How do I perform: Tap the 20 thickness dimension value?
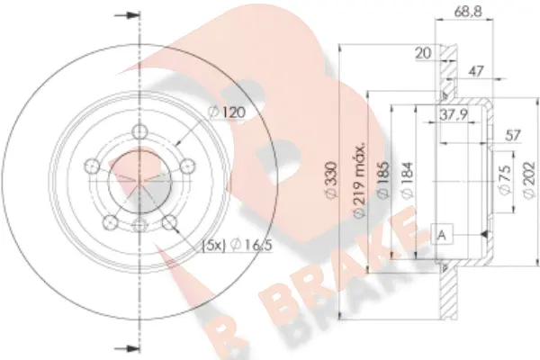point(421,53)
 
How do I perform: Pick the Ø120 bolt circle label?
point(227,112)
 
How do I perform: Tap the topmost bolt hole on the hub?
point(139,133)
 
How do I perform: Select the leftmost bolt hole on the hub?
point(92,166)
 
